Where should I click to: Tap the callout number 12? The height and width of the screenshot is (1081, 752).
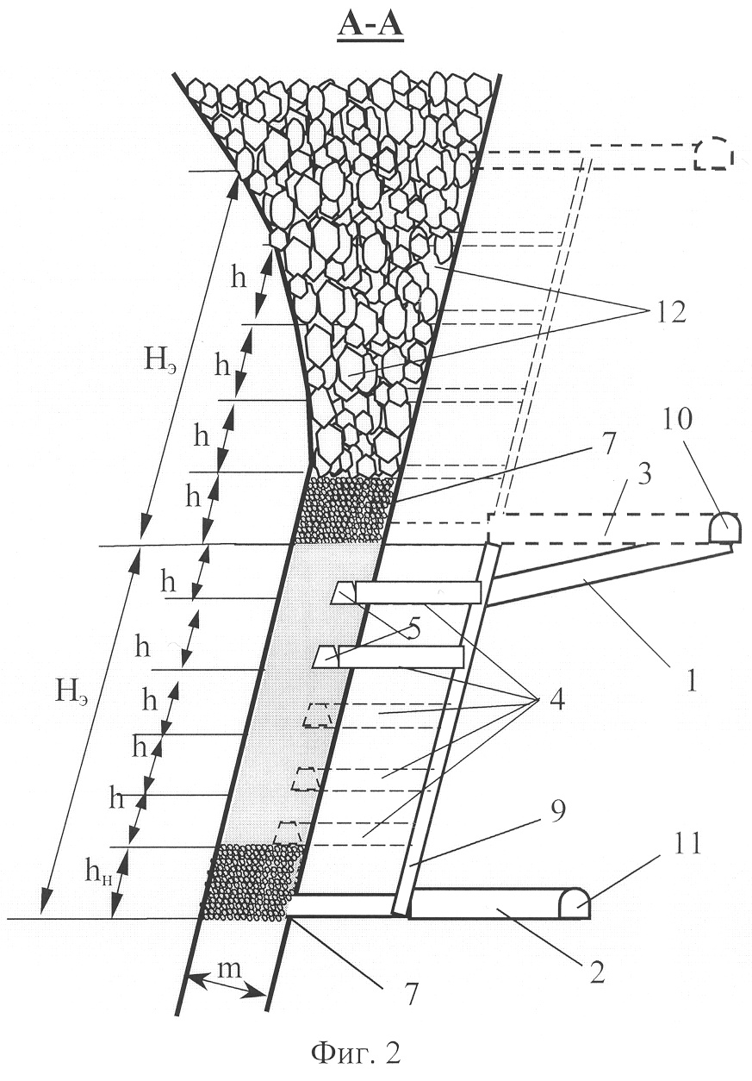tap(665, 312)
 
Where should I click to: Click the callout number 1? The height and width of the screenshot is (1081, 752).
tap(692, 681)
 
